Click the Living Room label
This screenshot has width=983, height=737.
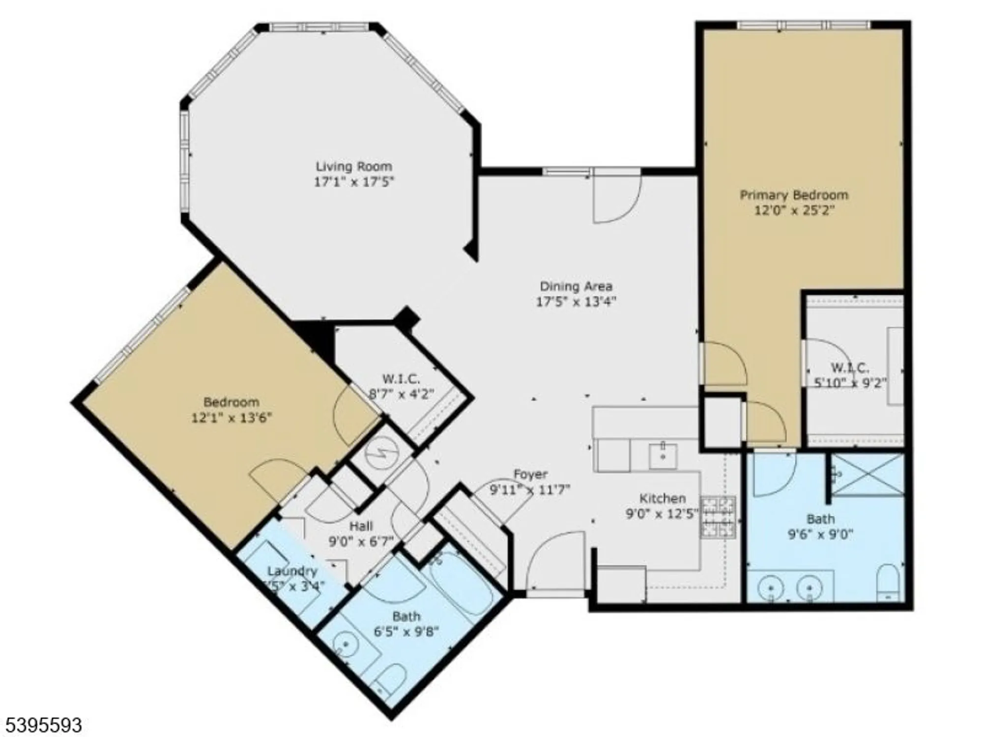pos(353,167)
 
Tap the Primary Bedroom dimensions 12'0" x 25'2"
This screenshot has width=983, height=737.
pos(794,211)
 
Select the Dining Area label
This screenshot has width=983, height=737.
pos(576,286)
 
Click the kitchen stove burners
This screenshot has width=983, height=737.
pos(718,517)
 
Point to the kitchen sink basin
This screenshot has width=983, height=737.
pos(662,455)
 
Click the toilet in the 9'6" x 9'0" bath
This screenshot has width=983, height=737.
pos(888,582)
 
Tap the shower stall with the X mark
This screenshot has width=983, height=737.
pos(867,475)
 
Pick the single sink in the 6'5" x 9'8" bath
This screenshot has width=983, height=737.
pos(346,644)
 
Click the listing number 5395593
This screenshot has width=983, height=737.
pos(41,725)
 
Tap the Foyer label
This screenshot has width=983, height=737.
pos(530,474)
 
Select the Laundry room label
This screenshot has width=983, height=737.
pos(292,571)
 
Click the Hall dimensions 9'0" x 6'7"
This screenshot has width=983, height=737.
pos(361,541)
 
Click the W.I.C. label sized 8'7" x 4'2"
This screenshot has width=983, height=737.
pos(401,379)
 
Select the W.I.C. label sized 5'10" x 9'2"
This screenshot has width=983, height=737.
pos(850,367)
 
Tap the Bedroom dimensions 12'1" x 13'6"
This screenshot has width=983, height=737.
pos(231,418)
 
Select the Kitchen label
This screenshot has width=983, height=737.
pos(662,498)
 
